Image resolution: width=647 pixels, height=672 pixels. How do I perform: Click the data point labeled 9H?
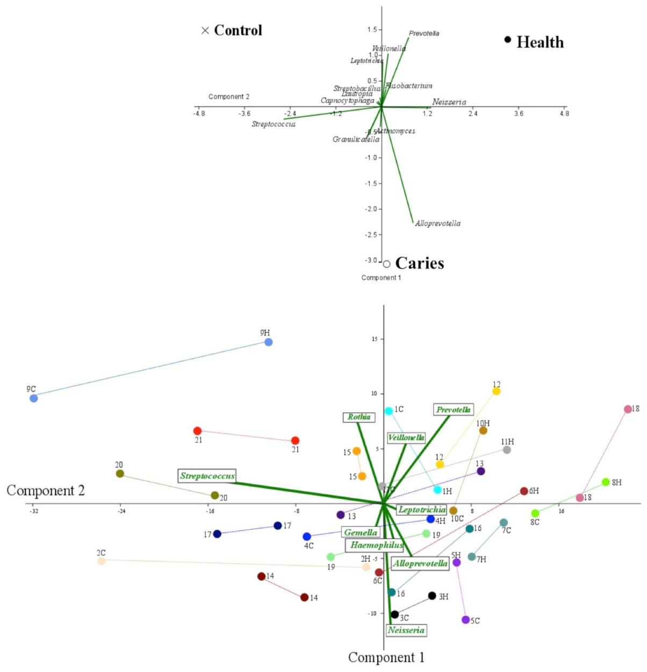click(269, 342)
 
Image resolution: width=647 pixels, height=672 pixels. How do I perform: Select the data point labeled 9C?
click(34, 398)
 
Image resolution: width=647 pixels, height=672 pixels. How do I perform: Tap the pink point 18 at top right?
click(628, 409)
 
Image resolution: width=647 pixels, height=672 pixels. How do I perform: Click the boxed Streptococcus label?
click(207, 476)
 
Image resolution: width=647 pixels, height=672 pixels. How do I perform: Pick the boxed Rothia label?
click(358, 417)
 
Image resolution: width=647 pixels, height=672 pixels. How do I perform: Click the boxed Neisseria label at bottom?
click(406, 630)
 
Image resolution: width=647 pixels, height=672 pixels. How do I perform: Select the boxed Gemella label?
click(361, 532)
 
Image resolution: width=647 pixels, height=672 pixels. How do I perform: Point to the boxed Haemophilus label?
click(376, 545)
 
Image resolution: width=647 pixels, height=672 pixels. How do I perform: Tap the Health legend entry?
click(535, 42)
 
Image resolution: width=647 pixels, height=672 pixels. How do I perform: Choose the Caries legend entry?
click(414, 263)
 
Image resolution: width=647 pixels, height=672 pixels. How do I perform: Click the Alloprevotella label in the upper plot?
click(437, 223)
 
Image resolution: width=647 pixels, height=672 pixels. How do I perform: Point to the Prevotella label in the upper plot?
click(424, 33)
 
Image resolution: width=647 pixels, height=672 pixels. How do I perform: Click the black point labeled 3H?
click(432, 596)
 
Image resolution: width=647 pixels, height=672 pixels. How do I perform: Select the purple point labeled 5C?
click(465, 620)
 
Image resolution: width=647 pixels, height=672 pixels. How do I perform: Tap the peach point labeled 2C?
click(102, 561)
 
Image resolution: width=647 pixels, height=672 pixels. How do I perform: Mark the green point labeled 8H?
click(606, 482)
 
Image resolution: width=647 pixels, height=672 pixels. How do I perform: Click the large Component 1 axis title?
click(386, 657)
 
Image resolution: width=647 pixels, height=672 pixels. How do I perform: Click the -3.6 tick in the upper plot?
click(245, 113)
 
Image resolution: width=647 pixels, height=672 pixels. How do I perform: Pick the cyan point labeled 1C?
click(389, 411)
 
